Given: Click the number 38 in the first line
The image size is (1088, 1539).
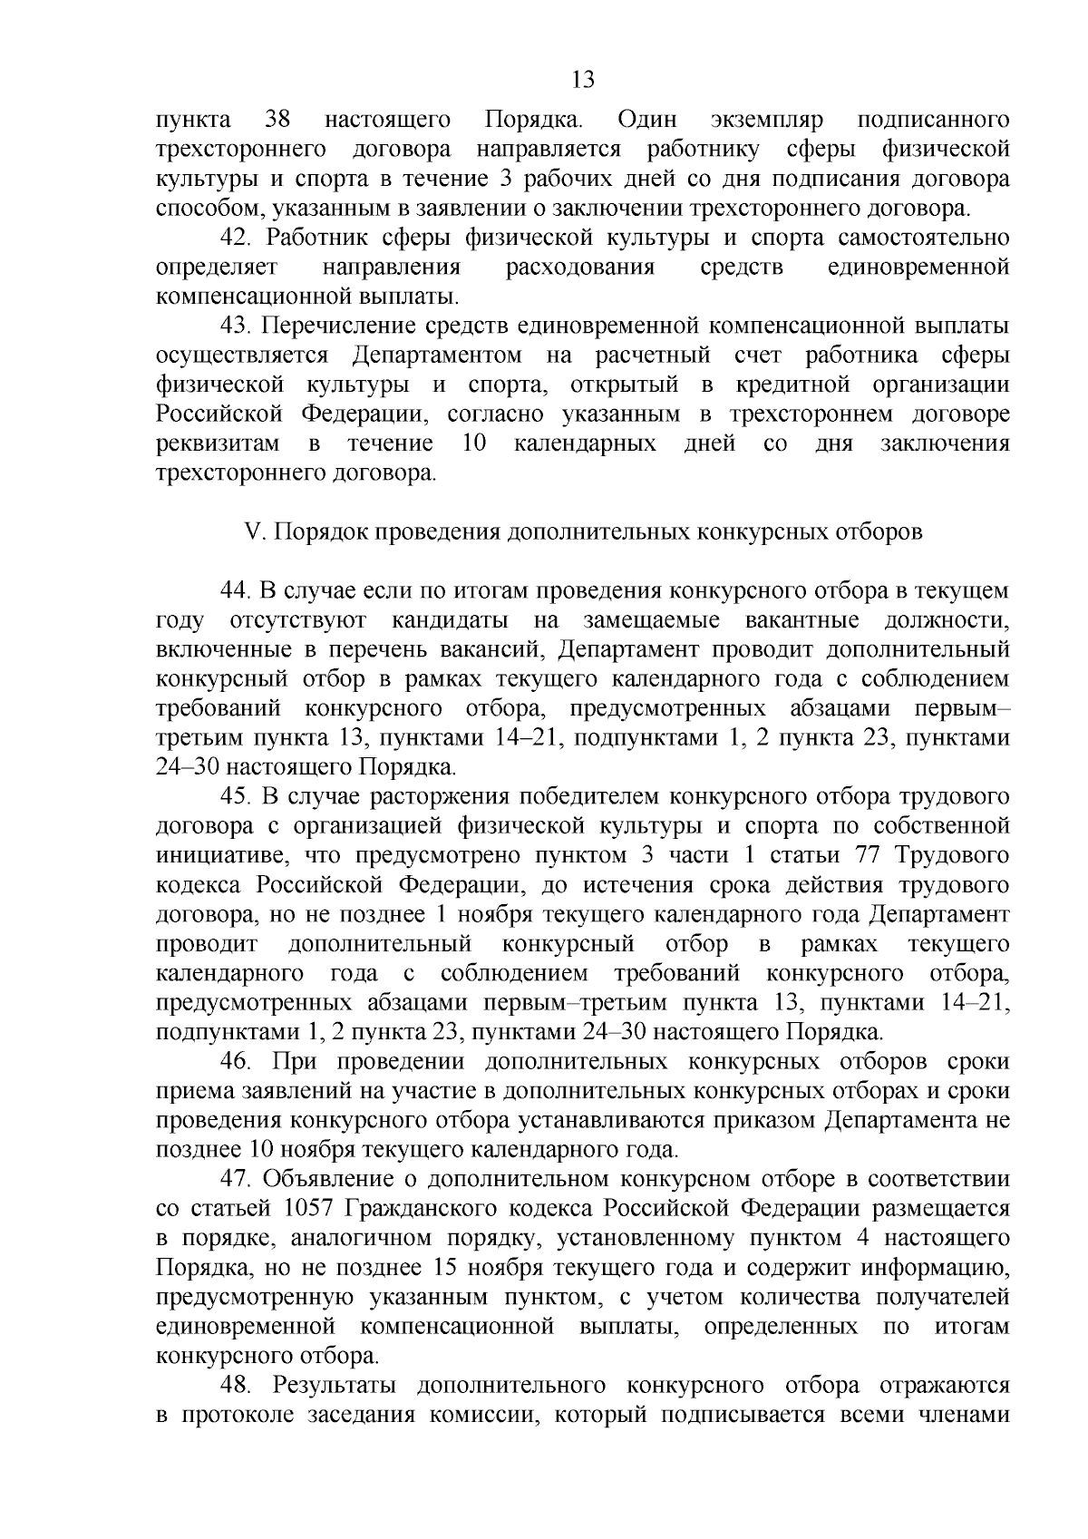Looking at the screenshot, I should (277, 120).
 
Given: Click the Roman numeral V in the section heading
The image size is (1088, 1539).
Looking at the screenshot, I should (253, 532).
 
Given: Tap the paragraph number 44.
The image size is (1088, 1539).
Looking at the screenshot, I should (238, 591).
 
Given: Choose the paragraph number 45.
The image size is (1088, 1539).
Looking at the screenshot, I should (238, 797).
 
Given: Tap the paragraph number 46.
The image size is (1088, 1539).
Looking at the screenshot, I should (238, 1062).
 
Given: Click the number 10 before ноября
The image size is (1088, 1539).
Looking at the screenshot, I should (255, 1151).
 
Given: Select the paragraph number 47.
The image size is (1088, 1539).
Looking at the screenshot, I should (238, 1180).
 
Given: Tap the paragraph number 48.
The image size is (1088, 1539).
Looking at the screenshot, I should (238, 1386).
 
